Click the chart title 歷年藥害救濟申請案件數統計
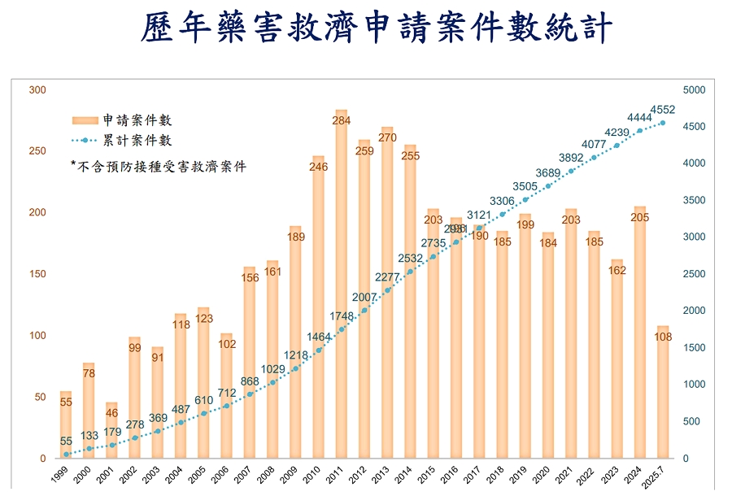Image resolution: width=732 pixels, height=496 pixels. click(377, 30)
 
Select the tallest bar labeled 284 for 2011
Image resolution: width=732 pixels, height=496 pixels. click(342, 285)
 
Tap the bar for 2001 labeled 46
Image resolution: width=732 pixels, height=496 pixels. click(111, 431)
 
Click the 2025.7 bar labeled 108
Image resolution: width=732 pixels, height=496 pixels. click(664, 398)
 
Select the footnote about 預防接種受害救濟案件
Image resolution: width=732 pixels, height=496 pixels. click(159, 167)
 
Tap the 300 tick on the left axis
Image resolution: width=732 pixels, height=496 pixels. click(37, 89)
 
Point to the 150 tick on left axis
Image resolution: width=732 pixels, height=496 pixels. click(37, 274)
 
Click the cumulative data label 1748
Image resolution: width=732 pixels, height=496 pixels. click(342, 315)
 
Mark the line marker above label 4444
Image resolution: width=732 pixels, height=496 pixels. click(640, 130)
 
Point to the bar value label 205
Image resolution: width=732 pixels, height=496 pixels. click(641, 217)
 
